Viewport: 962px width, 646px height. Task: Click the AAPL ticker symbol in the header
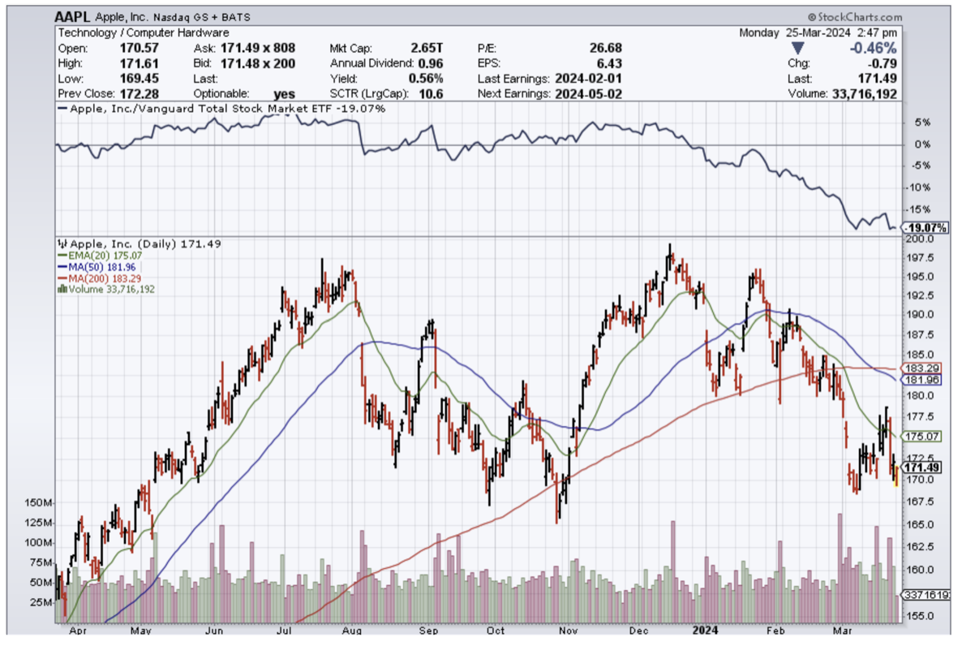point(73,16)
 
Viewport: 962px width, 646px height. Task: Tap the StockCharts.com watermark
point(855,16)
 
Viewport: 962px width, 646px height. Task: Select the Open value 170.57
point(140,49)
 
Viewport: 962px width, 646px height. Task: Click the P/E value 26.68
point(604,49)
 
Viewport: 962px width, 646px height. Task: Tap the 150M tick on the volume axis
point(37,503)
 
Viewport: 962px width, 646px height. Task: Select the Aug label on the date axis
point(350,629)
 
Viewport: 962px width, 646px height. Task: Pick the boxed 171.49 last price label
point(923,467)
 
